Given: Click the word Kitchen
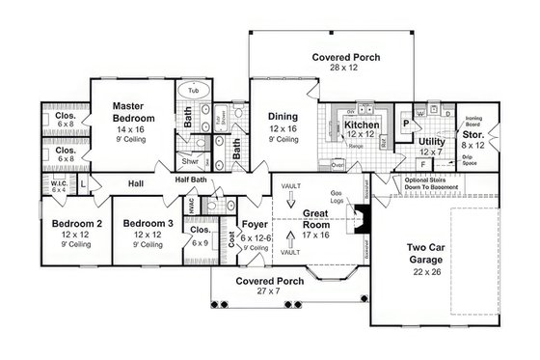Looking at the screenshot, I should (362, 125).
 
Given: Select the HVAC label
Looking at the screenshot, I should (191, 209).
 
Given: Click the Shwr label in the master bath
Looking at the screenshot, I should (190, 161).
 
